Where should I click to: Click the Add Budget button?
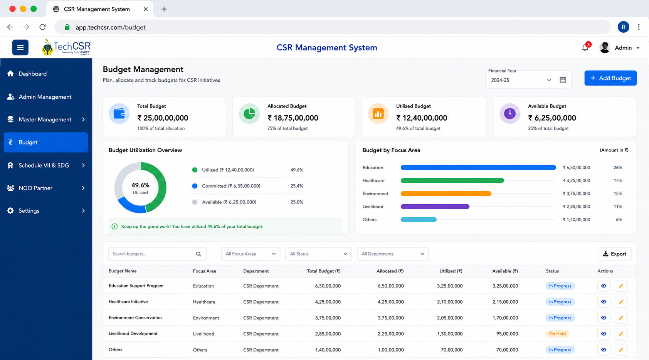pos(610,78)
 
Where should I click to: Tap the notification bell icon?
pos(585,48)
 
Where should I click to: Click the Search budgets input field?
pos(157,254)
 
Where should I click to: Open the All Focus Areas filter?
pos(251,254)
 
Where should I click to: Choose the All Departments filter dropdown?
pos(393,254)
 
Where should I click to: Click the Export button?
pos(614,254)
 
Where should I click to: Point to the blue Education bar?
pos(478,168)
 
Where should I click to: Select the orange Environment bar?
pos(446,193)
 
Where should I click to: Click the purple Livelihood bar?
pos(435,206)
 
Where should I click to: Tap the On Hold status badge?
pos(557,334)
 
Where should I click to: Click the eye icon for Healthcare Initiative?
pos(604,302)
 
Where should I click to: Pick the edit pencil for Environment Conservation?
pos(621,318)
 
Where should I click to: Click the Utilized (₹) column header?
pos(451,271)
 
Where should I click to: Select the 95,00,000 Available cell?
pos(507,334)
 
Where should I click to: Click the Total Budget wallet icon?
pos(119,114)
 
